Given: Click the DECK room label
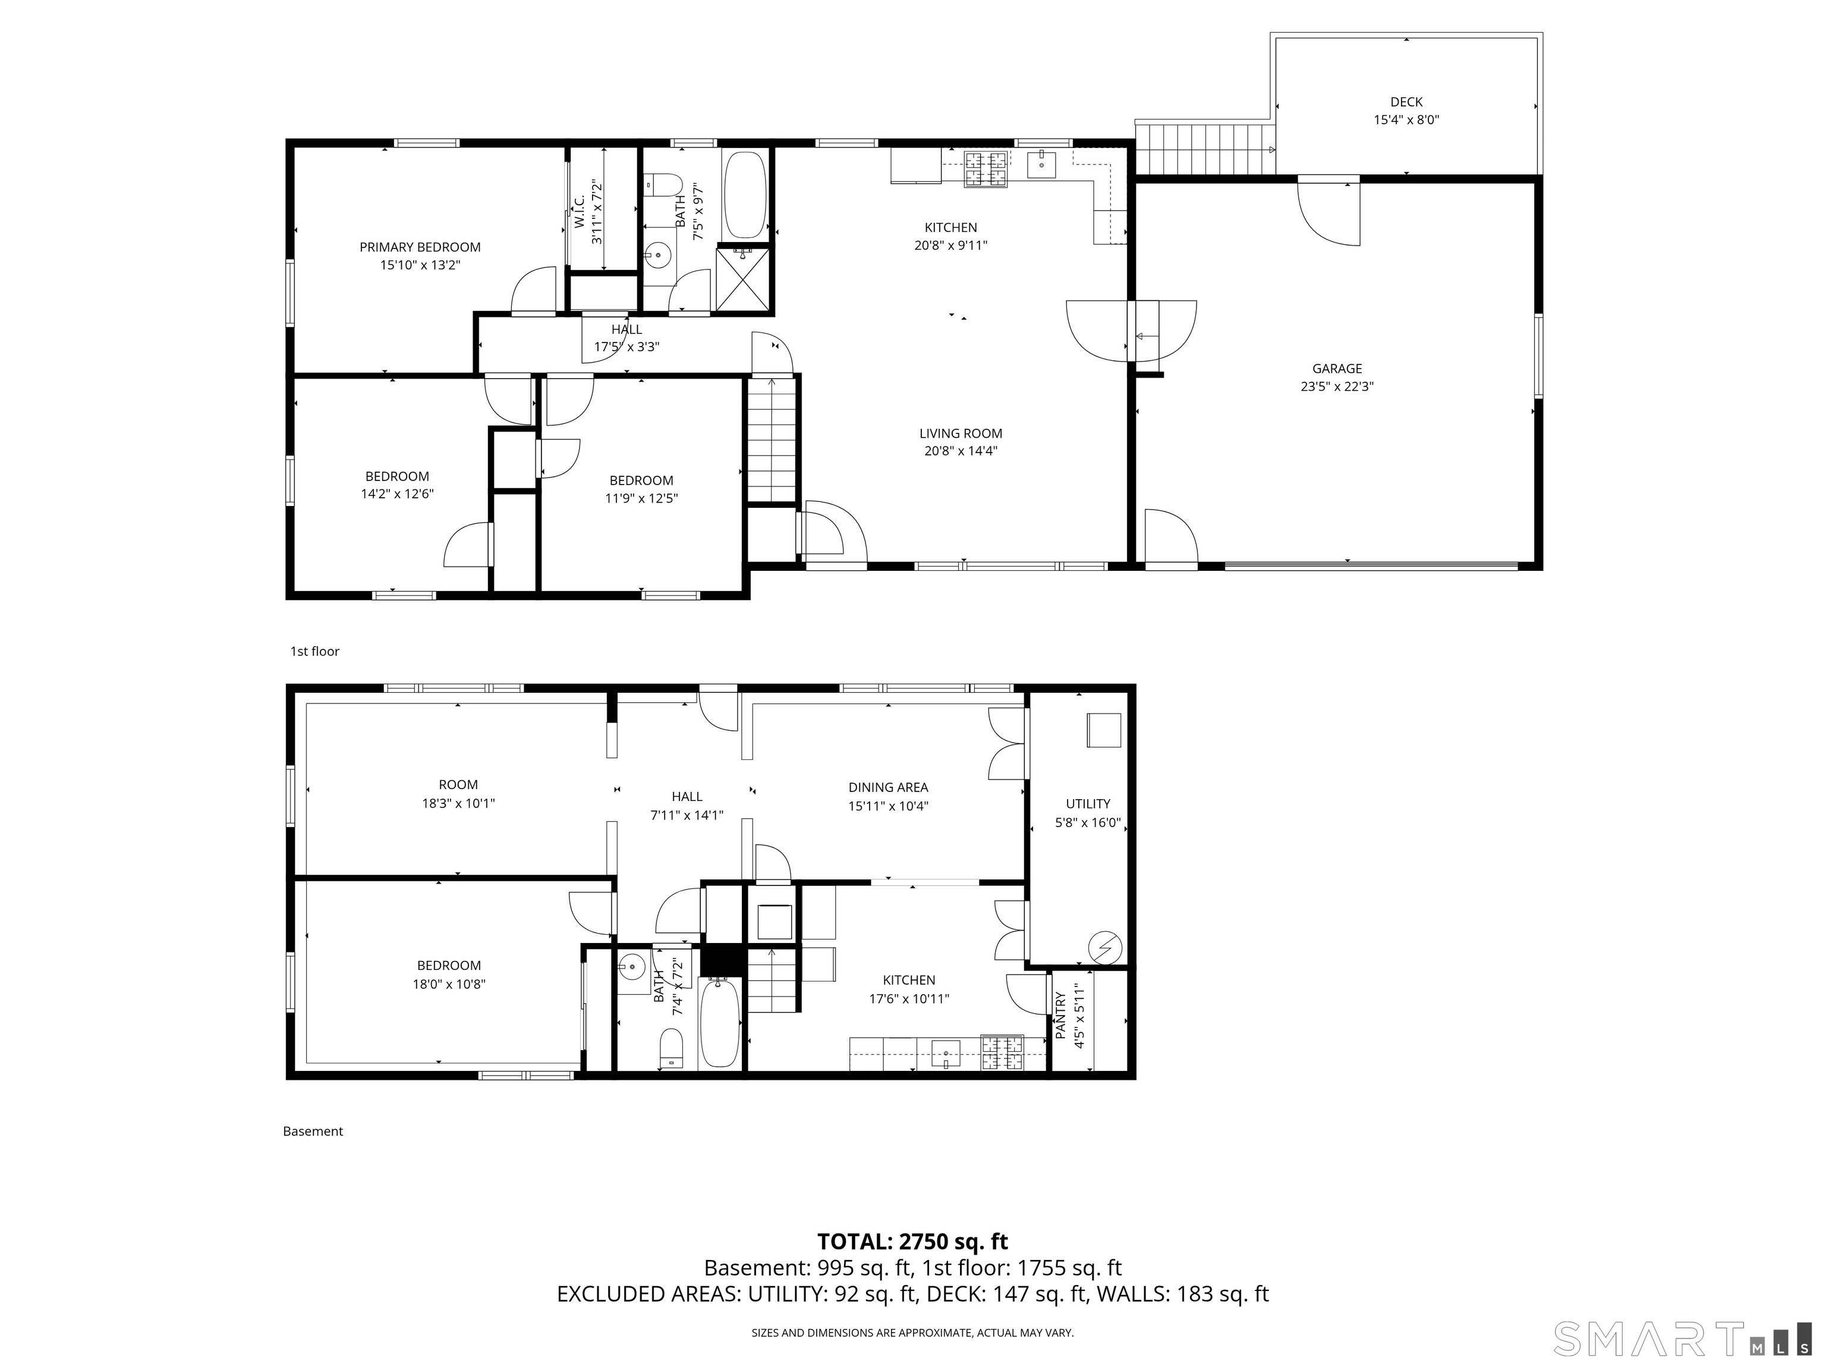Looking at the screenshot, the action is tap(1406, 102).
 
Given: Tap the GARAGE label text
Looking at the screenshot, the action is tap(1337, 368).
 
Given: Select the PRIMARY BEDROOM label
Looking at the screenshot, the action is tap(420, 247).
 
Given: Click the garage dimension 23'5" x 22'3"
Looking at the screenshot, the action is tap(1337, 387).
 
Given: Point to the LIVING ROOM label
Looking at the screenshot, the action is tap(961, 433).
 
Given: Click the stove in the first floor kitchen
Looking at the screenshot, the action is tap(987, 169).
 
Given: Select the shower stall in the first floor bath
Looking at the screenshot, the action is tap(743, 278).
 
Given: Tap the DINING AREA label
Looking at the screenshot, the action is tap(888, 788).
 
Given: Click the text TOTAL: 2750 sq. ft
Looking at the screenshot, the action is tap(913, 1241).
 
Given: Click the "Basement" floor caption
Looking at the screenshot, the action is tap(313, 1132).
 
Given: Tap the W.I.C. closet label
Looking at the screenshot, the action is tap(580, 212).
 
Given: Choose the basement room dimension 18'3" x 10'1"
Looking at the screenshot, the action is tap(458, 803).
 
